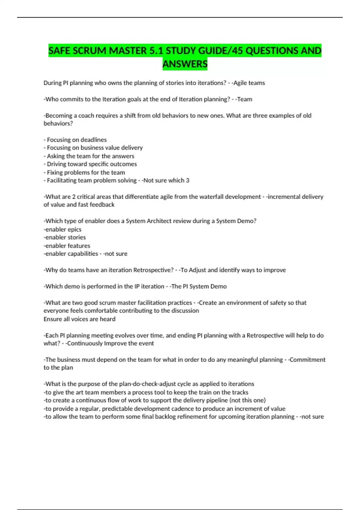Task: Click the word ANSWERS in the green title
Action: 185,64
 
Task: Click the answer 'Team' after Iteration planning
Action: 244,99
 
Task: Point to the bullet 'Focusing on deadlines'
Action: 76,140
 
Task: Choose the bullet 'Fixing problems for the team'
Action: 86,172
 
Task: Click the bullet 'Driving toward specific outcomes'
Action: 92,164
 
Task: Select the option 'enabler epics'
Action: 63,229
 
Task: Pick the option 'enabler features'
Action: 67,246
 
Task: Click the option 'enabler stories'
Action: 65,237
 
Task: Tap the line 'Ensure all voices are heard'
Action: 79,319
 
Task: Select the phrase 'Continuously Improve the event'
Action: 110,343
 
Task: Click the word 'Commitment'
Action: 307,360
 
